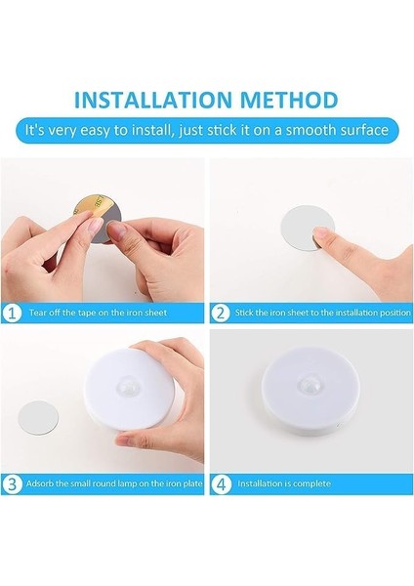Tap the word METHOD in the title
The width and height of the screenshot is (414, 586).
289,100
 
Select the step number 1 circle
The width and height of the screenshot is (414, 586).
12,313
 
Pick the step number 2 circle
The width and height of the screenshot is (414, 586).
221,313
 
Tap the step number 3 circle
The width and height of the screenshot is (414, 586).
12,484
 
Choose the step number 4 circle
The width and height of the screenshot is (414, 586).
221,484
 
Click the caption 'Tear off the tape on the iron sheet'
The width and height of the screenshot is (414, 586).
98,313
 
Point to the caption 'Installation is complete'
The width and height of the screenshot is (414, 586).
284,483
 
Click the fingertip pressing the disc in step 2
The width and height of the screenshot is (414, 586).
320,235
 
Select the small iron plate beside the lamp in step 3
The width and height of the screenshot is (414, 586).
38,417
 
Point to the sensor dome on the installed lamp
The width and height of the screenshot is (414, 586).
309,385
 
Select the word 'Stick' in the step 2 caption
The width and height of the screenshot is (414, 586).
244,313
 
